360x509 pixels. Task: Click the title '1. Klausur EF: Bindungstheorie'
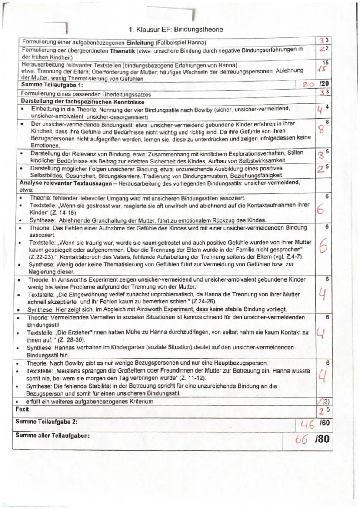coord(176,30)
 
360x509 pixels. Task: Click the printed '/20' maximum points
coord(324,85)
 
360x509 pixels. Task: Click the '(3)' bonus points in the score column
coord(324,402)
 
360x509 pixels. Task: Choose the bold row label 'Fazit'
coord(22,409)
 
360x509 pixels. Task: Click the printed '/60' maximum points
coord(324,422)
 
